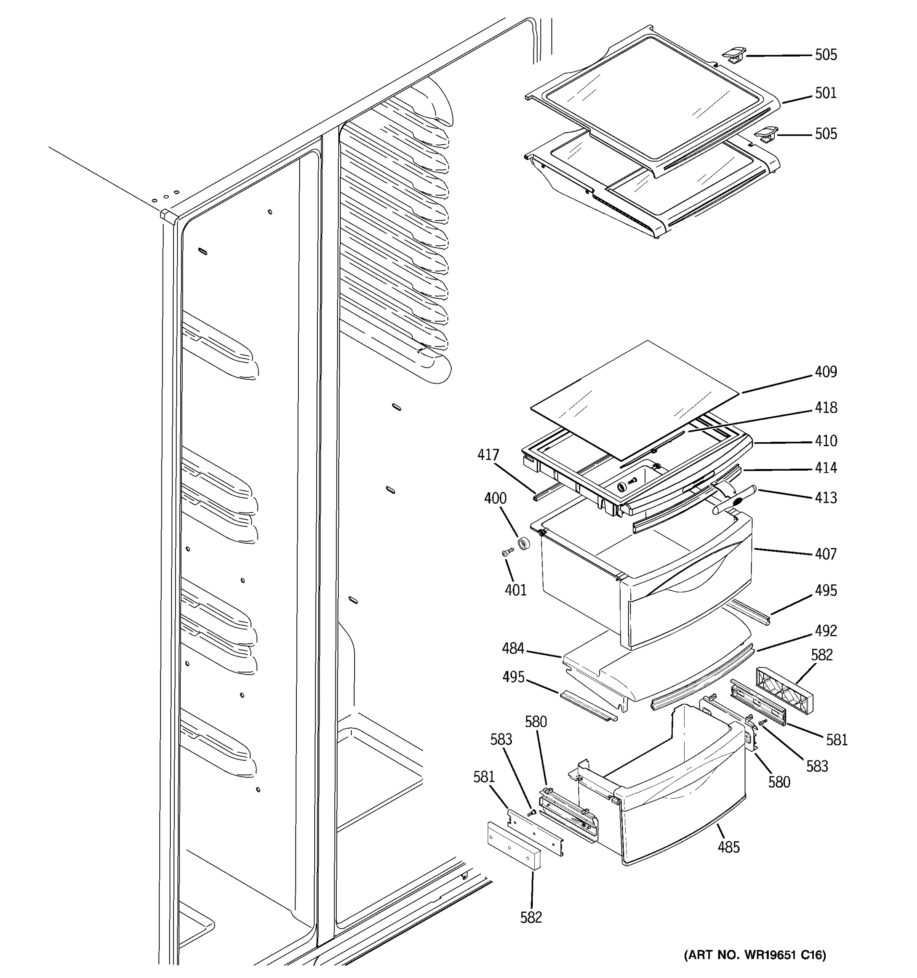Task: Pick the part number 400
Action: pyautogui.click(x=495, y=498)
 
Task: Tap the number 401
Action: pyautogui.click(x=515, y=590)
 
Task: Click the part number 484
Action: pyautogui.click(x=513, y=649)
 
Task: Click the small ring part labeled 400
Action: pyautogui.click(x=525, y=544)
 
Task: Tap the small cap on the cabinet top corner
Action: pyautogui.click(x=167, y=216)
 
